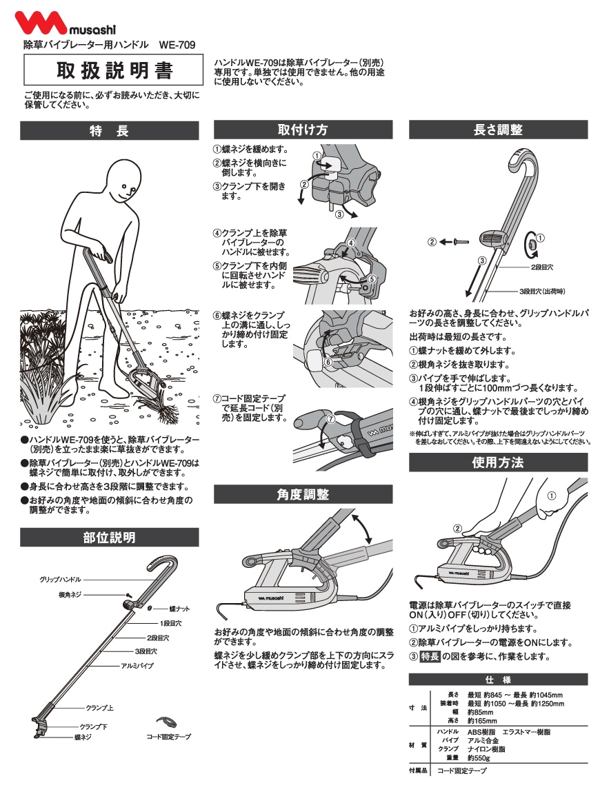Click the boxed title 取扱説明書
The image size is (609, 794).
pyautogui.click(x=114, y=70)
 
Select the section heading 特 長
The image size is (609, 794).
pyautogui.click(x=110, y=131)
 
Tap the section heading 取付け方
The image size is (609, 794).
pyautogui.click(x=303, y=130)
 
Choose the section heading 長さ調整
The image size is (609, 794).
pyautogui.click(x=498, y=130)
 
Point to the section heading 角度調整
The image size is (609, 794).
pyautogui.click(x=303, y=494)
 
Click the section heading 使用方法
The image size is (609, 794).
pyautogui.click(x=498, y=462)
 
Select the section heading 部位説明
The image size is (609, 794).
pyautogui.click(x=110, y=538)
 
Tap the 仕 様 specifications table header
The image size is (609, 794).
pyautogui.click(x=498, y=680)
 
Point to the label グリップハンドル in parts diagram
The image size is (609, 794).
pyautogui.click(x=60, y=579)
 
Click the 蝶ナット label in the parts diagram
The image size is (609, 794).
pyautogui.click(x=179, y=609)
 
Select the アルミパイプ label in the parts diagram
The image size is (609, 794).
pyautogui.click(x=137, y=665)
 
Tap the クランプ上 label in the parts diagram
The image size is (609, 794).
pyautogui.click(x=100, y=707)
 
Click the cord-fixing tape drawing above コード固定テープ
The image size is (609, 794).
pyautogui.click(x=166, y=721)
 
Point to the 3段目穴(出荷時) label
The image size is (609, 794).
pyautogui.click(x=542, y=291)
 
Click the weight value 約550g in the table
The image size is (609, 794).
pyautogui.click(x=478, y=758)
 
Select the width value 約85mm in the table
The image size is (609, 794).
pyautogui.click(x=480, y=712)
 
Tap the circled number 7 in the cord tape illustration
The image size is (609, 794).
pyautogui.click(x=331, y=419)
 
